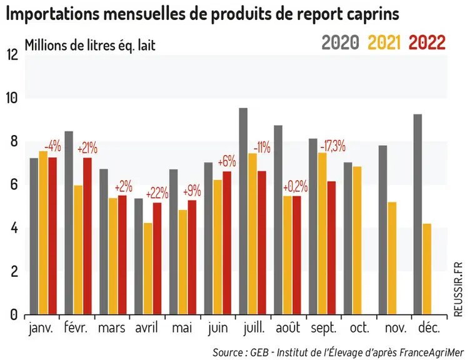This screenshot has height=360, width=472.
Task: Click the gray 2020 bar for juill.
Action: click(243, 211)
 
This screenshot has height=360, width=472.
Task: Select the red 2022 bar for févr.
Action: click(88, 236)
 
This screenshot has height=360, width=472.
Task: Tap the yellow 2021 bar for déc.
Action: click(427, 269)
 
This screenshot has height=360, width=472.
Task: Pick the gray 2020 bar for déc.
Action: click(418, 214)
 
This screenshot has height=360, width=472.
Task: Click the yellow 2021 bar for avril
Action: click(148, 269)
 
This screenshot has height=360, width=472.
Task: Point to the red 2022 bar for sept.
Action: click(331, 248)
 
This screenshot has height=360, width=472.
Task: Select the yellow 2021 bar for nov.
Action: click(392, 259)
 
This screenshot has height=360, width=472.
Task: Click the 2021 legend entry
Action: click(384, 42)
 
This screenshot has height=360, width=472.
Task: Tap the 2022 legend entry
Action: click(427, 42)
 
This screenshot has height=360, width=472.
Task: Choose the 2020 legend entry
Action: click(341, 42)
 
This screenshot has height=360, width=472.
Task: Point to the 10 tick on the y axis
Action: click(12, 98)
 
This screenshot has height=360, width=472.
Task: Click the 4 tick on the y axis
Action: click(14, 228)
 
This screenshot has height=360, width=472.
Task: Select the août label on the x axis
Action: click(288, 327)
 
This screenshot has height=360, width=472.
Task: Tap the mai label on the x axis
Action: click(182, 327)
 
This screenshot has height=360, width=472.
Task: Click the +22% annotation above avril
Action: click(157, 193)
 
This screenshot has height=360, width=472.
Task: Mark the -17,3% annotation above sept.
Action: click(333, 147)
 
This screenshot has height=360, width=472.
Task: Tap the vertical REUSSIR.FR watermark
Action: click(458, 289)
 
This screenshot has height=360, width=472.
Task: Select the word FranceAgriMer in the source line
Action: click(431, 352)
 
